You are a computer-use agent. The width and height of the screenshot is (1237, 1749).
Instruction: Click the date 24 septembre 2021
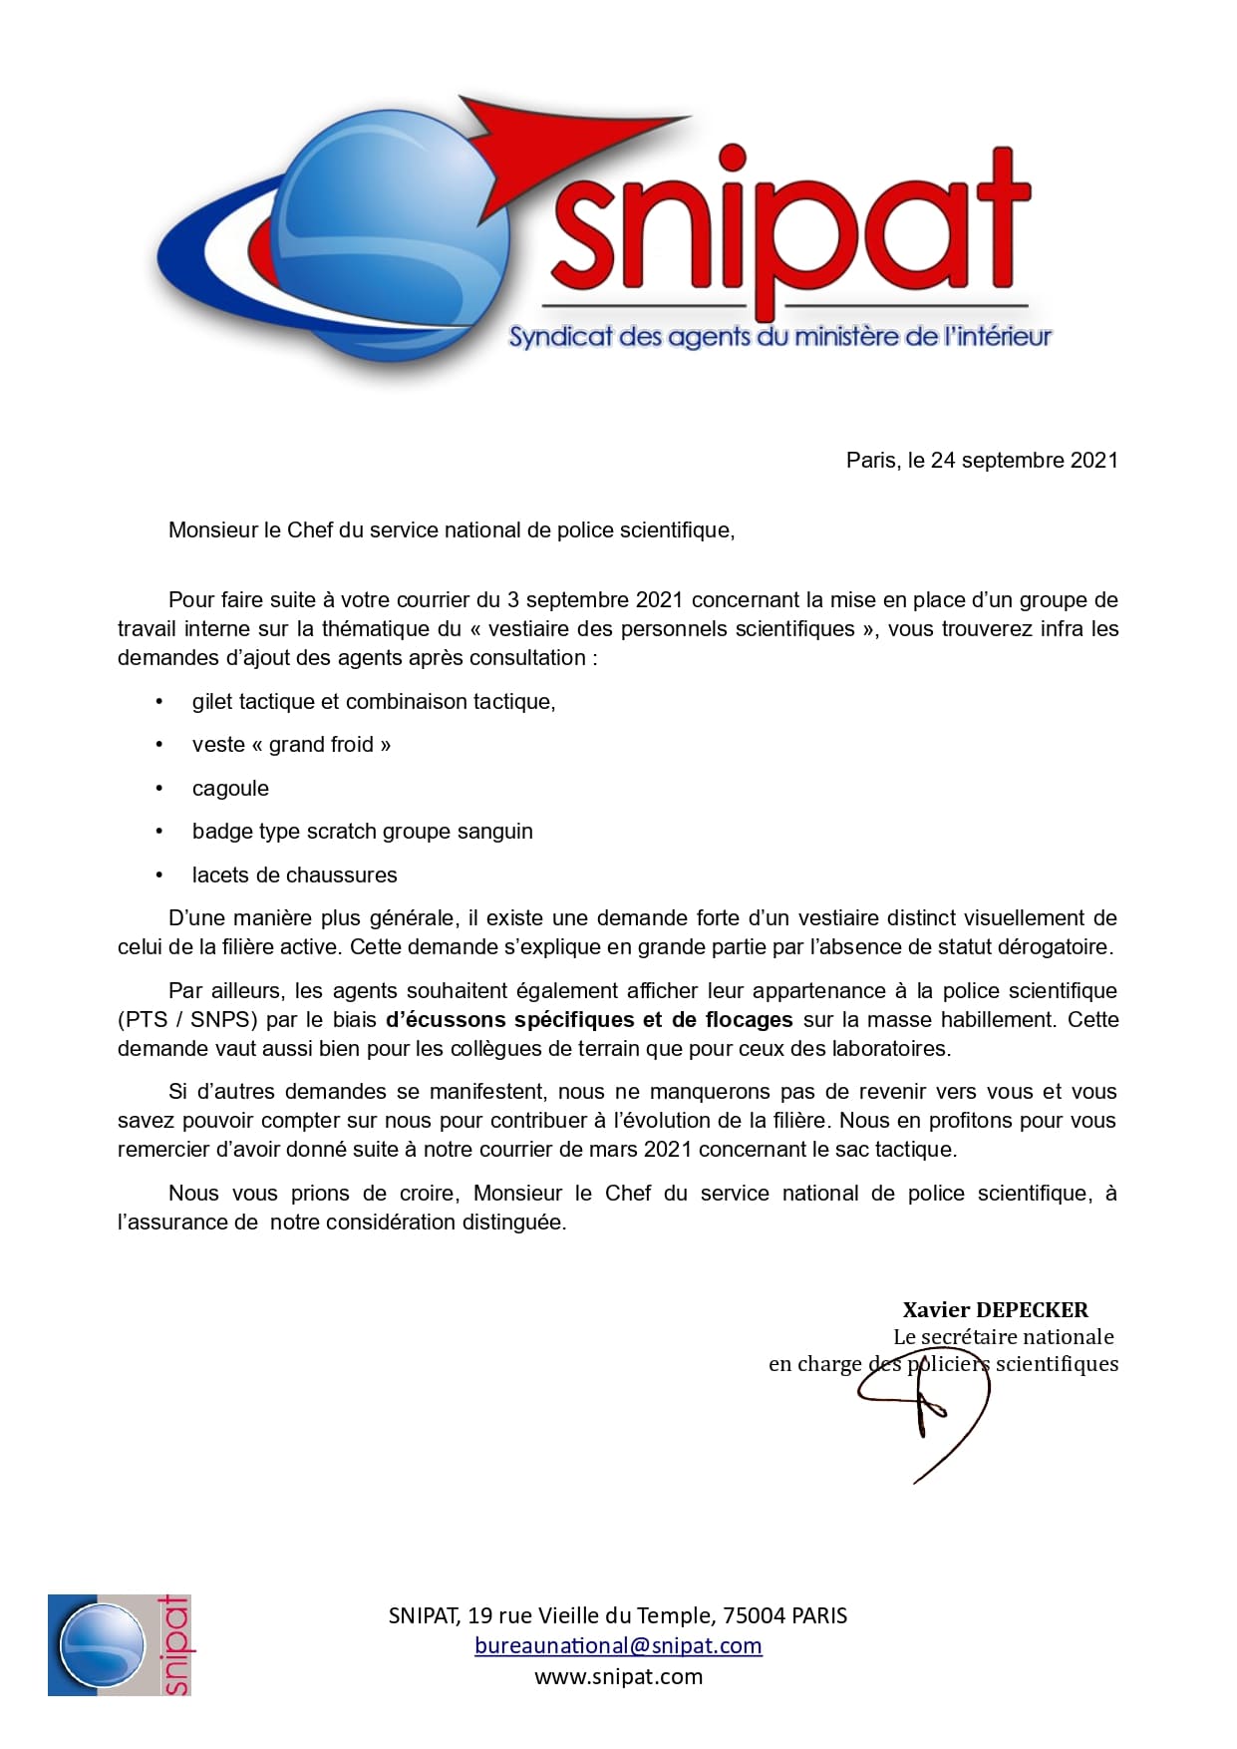1024,460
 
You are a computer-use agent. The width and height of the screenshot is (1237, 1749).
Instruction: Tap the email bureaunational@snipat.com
618,1645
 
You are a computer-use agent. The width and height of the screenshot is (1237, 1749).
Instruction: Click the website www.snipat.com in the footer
618,1676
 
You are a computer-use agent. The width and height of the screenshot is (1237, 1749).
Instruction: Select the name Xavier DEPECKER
995,1309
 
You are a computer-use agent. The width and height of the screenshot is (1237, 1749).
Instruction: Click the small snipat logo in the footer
119,1644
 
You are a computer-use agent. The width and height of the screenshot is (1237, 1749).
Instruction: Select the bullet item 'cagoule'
230,788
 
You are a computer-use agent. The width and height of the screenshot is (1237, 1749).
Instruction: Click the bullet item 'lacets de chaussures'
294,874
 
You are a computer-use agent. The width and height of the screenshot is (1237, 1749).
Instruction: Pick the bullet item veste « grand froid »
291,744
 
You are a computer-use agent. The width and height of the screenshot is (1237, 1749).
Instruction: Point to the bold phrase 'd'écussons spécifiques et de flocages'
589,1019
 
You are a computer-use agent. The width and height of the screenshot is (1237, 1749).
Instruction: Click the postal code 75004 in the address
754,1614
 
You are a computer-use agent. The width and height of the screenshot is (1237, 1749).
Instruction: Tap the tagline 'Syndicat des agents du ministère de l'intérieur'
779,337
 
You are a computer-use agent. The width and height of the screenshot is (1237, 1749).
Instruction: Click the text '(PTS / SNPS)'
187,1019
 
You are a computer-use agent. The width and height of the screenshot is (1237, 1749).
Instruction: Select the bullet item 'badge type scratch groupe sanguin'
362,831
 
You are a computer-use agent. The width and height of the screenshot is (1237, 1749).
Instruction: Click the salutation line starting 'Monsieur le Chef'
451,529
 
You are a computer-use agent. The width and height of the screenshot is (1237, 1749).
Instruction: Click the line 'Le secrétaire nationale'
1003,1336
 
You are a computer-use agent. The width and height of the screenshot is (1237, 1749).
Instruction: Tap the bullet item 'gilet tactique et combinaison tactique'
373,701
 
